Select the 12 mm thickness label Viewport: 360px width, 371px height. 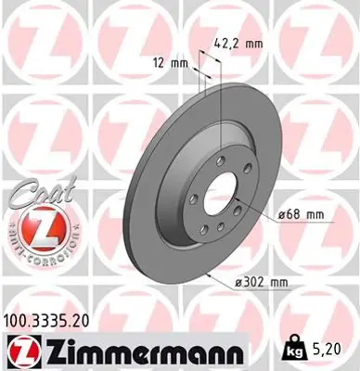point(174,63)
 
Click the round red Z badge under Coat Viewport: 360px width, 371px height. point(39,227)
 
